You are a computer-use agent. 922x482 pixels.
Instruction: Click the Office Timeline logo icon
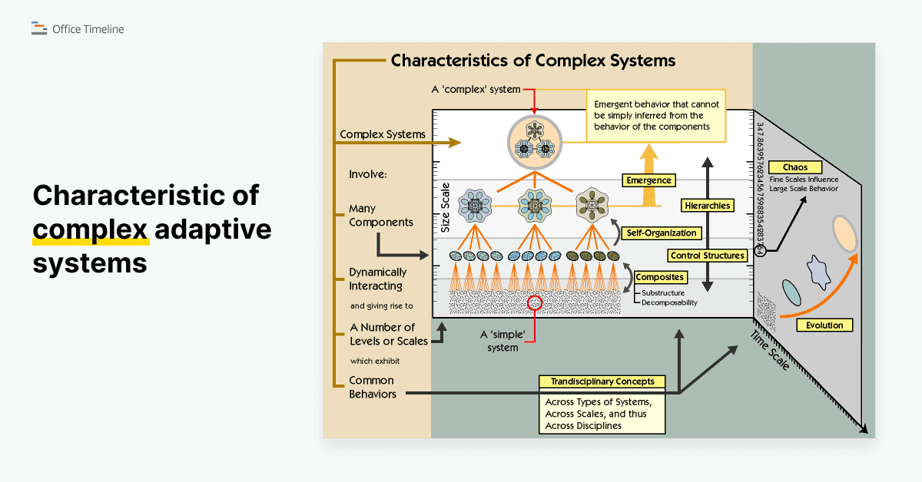(39, 29)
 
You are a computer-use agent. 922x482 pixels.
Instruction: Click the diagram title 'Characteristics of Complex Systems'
(533, 61)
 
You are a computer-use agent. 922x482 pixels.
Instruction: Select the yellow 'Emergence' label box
(648, 180)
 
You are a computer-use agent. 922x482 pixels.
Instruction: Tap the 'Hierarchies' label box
(706, 205)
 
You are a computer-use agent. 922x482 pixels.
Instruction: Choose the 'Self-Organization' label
(661, 233)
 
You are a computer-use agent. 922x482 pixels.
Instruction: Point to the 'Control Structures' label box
(706, 256)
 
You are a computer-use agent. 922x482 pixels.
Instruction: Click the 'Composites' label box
(660, 277)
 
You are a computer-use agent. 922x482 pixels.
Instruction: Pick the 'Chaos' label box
(795, 167)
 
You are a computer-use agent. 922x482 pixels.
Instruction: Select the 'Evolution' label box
(824, 325)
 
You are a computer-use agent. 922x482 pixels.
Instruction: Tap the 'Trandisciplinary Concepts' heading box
(602, 381)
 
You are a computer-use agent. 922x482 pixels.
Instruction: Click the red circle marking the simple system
(536, 303)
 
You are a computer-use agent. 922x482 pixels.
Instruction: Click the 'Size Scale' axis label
(445, 208)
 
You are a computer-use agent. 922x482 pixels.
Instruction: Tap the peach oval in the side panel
(844, 233)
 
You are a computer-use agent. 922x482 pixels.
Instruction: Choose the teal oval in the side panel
(791, 292)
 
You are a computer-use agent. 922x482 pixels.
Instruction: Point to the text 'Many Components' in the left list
(380, 215)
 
